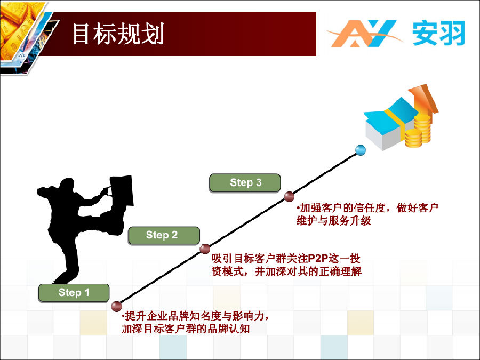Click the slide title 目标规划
coord(118,34)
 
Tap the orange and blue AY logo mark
coord(364,34)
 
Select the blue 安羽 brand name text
coord(439,33)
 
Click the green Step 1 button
coord(74,293)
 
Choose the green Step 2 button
coord(164,235)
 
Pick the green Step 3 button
coord(245,183)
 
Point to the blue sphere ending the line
coord(361,150)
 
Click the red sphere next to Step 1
coord(116,306)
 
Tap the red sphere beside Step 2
coord(205,249)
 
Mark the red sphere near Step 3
coord(289,196)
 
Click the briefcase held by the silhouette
coord(122,190)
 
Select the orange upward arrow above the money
coord(424,99)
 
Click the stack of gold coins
coord(418,131)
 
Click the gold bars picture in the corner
coord(19,30)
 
